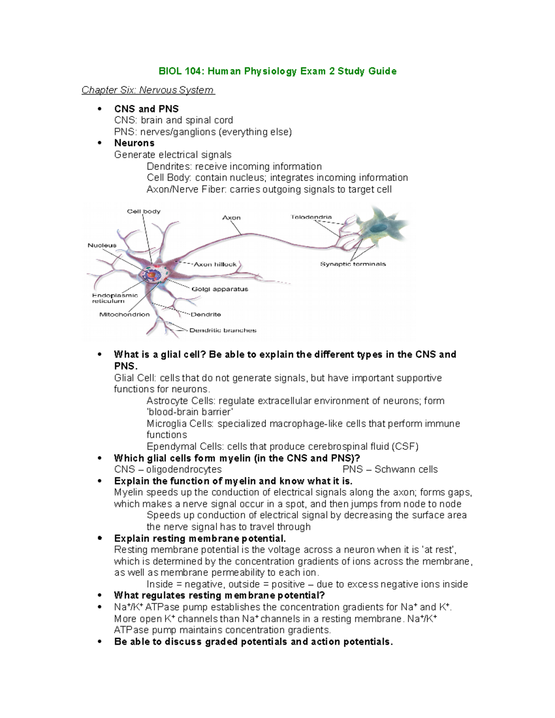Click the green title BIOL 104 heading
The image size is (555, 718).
tap(277, 71)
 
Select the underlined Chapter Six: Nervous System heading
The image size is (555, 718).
tap(148, 90)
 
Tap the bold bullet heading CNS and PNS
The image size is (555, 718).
tap(146, 109)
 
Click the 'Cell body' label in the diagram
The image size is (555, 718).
tap(144, 211)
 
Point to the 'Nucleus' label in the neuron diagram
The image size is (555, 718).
tap(102, 245)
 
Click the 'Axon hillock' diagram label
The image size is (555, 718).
tap(215, 264)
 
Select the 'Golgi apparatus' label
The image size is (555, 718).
tap(220, 289)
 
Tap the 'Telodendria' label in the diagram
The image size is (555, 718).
tap(311, 217)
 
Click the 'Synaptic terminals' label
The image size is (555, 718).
tap(353, 264)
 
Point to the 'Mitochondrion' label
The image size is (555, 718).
tap(124, 314)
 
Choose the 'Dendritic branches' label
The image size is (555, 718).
tap(223, 331)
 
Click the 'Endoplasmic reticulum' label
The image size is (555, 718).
tap(115, 298)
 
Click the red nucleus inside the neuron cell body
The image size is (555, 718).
tap(151, 275)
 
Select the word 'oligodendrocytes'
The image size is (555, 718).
tap(184, 469)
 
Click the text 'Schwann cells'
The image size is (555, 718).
tap(406, 469)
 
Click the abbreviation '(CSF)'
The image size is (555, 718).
tap(405, 447)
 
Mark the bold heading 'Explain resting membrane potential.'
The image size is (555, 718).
tap(200, 539)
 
